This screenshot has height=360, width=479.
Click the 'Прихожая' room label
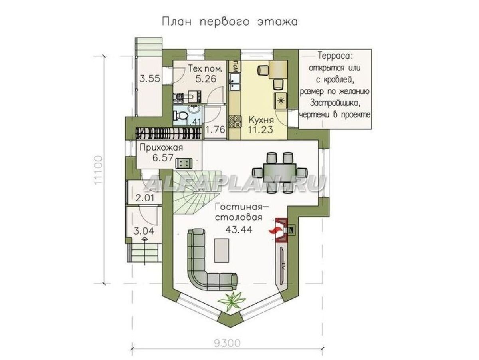(161, 148)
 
